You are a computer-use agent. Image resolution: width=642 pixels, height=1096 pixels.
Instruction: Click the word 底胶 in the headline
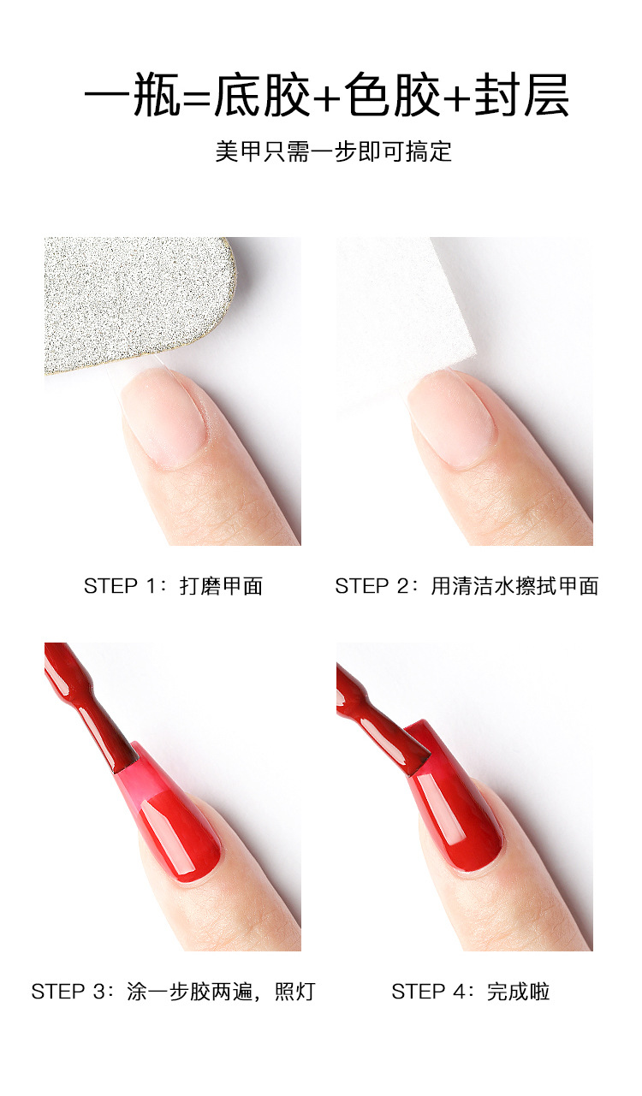[x=262, y=96]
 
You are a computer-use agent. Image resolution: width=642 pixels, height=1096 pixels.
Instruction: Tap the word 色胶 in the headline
[x=393, y=96]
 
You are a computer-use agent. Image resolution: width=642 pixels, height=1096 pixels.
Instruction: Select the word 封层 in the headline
[x=523, y=96]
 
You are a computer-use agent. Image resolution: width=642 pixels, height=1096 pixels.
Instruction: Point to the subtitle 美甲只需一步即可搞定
[x=333, y=152]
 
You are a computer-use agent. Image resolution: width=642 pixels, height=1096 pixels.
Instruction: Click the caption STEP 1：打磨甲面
[x=173, y=586]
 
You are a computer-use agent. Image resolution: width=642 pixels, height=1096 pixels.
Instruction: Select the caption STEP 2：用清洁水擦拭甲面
[x=467, y=586]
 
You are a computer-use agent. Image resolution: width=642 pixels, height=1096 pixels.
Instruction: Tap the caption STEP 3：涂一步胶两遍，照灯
[x=173, y=992]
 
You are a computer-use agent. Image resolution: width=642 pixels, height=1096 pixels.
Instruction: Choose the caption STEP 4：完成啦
[x=470, y=992]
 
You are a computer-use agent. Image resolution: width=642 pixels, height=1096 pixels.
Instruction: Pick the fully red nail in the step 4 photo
[x=462, y=813]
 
